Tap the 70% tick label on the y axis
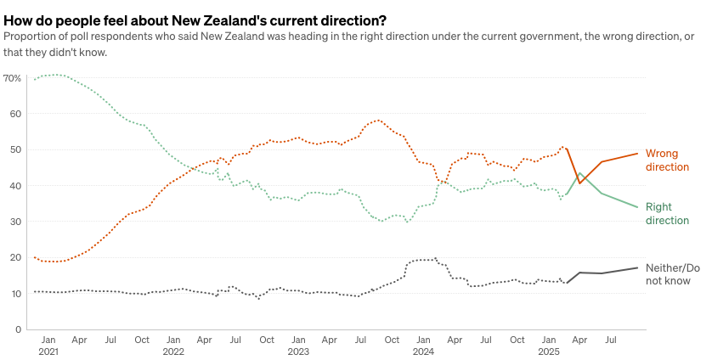pos(12,78)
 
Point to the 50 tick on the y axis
pos(15,150)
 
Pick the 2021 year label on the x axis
pos(48,351)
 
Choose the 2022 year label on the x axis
pos(173,351)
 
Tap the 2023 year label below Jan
pos(298,351)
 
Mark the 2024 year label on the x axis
pos(423,351)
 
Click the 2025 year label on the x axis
pos(548,351)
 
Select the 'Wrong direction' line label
pos(667,160)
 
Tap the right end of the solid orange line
pos(638,154)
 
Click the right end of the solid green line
pos(638,207)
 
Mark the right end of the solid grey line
pos(638,267)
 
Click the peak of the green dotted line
pos(56,75)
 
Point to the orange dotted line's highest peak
pos(379,120)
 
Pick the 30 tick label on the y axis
pos(15,222)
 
